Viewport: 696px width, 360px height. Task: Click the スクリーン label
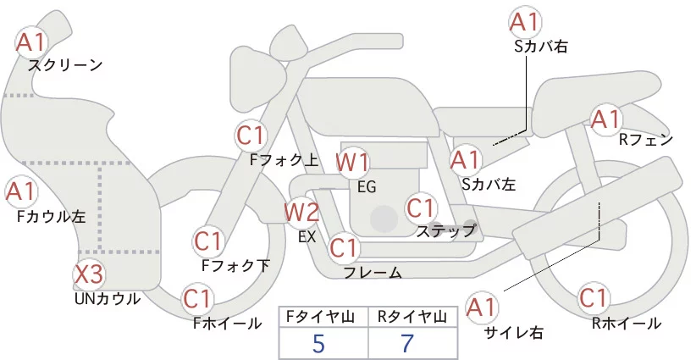pyautogui.click(x=65, y=65)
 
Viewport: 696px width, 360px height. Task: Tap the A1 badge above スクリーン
pyautogui.click(x=33, y=41)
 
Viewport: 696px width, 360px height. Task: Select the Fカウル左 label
pyautogui.click(x=51, y=216)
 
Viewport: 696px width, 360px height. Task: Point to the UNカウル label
pyautogui.click(x=108, y=298)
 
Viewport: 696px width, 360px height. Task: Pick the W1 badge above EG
pyautogui.click(x=353, y=161)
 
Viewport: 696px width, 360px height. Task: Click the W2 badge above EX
pyautogui.click(x=302, y=212)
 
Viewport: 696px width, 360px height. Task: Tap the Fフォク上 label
pyautogui.click(x=284, y=158)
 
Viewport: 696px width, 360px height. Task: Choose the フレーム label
pyautogui.click(x=373, y=273)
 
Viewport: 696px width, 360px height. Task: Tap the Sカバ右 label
pyautogui.click(x=541, y=47)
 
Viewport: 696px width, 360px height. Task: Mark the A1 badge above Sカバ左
pyautogui.click(x=465, y=158)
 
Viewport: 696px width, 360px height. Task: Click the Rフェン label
pyautogui.click(x=646, y=140)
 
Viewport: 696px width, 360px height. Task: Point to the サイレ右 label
pyautogui.click(x=510, y=331)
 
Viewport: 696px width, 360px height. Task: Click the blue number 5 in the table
pyautogui.click(x=318, y=344)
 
